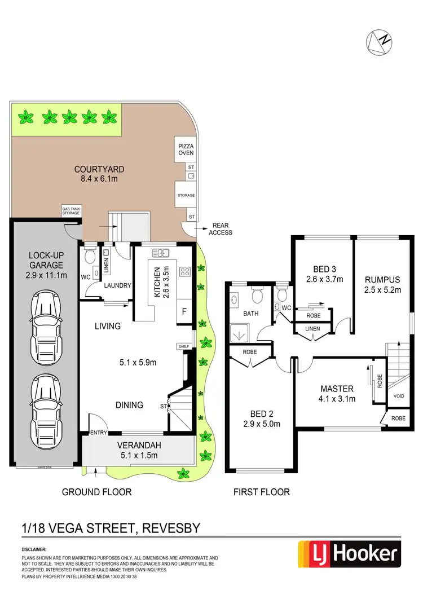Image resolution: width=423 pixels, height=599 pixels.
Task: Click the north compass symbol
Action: pyautogui.click(x=378, y=42)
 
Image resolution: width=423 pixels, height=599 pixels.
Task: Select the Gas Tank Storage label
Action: pyautogui.click(x=71, y=210)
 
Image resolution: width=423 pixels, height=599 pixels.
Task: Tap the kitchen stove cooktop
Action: pyautogui.click(x=184, y=272)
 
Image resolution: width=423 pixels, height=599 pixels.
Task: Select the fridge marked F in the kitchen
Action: pyautogui.click(x=184, y=311)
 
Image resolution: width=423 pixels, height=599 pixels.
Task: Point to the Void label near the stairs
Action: pyautogui.click(x=398, y=397)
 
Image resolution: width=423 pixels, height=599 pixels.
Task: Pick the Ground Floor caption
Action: pyautogui.click(x=96, y=492)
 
